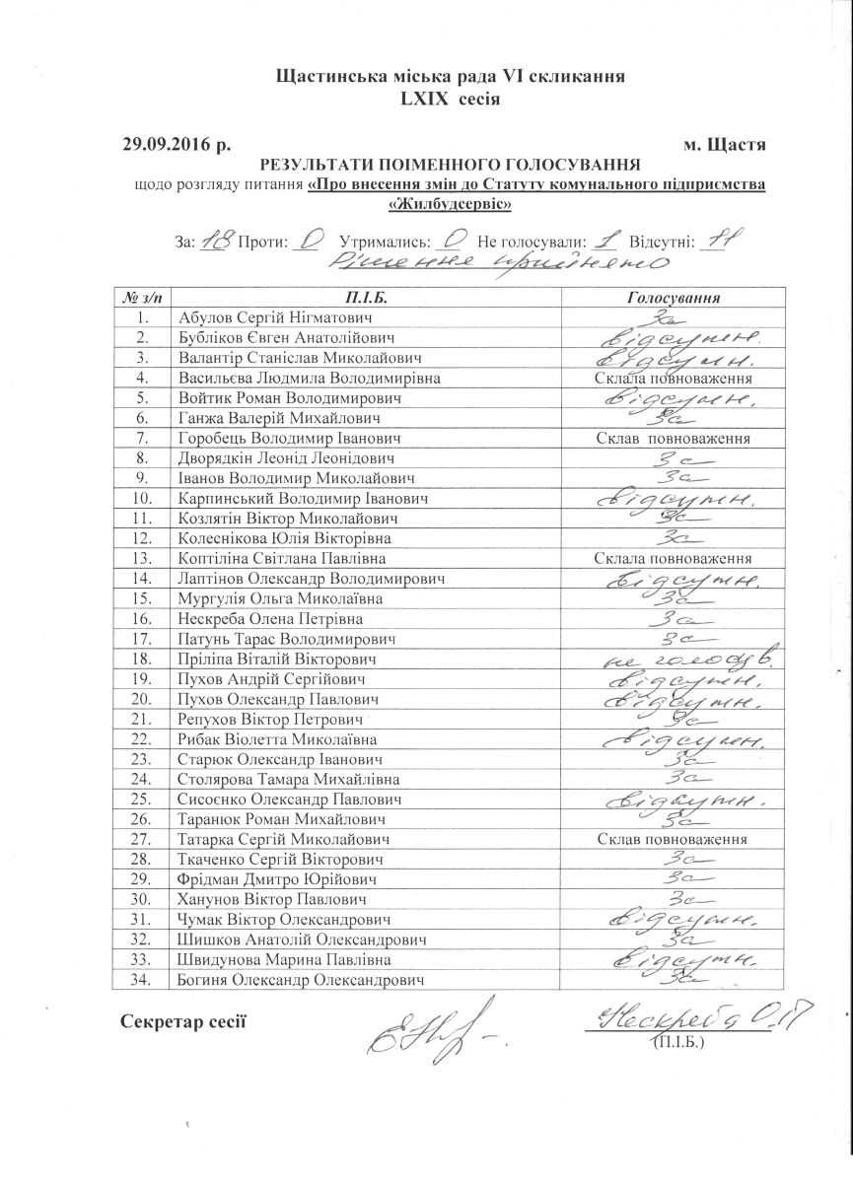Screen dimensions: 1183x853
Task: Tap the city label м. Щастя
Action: pyautogui.click(x=725, y=145)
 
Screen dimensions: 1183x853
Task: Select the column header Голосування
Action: pyautogui.click(x=674, y=297)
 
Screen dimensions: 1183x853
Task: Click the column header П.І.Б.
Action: pyautogui.click(x=364, y=297)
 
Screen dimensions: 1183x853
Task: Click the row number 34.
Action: pyautogui.click(x=143, y=980)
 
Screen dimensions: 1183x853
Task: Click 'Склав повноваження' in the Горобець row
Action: pyautogui.click(x=675, y=438)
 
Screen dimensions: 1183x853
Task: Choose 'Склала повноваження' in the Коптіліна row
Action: pyautogui.click(x=675, y=558)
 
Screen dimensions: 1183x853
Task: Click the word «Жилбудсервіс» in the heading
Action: pyautogui.click(x=451, y=204)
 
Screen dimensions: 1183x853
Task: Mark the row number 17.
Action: pyautogui.click(x=143, y=639)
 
